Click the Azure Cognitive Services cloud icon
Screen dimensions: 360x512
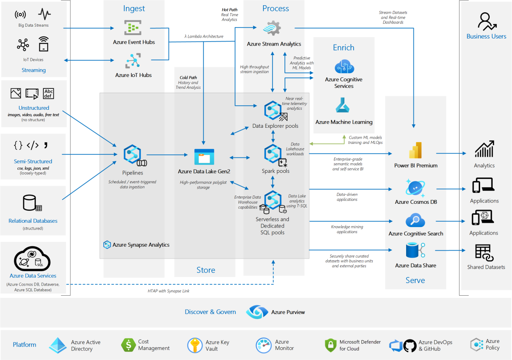(344, 66)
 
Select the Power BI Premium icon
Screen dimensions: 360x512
(415, 150)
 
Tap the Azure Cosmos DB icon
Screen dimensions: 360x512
(415, 187)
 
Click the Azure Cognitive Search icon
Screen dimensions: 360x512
(415, 220)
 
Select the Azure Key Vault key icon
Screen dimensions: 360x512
(195, 345)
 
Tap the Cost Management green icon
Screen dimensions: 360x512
(128, 345)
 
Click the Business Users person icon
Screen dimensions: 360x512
(486, 21)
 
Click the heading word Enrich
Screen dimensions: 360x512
(344, 48)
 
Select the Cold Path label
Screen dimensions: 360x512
(188, 78)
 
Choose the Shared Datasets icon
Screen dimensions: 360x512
(484, 253)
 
